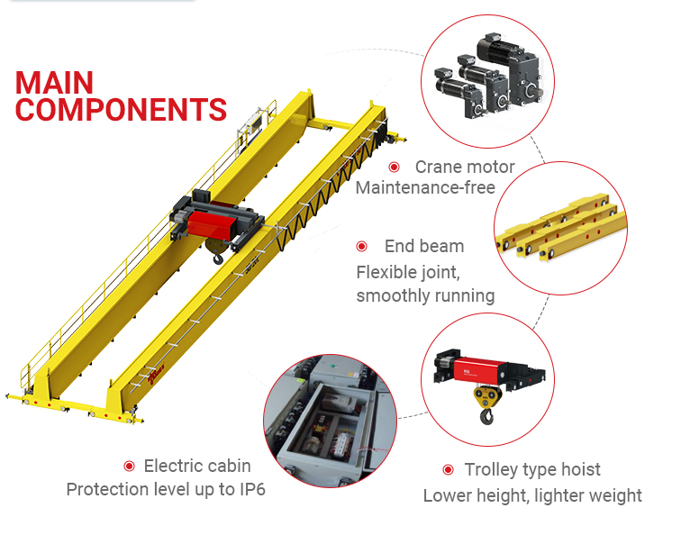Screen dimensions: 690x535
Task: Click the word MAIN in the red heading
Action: pyautogui.click(x=54, y=83)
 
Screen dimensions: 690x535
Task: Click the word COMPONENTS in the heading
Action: pyautogui.click(x=121, y=110)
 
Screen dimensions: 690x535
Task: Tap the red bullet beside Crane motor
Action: pyautogui.click(x=394, y=167)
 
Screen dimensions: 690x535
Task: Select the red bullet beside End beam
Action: pyautogui.click(x=362, y=246)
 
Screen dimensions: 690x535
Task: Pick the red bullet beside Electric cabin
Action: pyautogui.click(x=130, y=466)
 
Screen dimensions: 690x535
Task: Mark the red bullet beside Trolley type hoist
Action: pyautogui.click(x=448, y=469)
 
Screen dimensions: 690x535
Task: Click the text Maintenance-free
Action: pyautogui.click(x=425, y=188)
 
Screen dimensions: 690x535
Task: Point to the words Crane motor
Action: pyautogui.click(x=465, y=167)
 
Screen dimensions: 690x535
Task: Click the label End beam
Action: pyautogui.click(x=424, y=246)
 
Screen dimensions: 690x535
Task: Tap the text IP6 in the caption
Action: pyautogui.click(x=252, y=489)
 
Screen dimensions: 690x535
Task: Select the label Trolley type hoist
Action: pyautogui.click(x=532, y=470)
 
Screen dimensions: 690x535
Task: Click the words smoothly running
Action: pyautogui.click(x=425, y=295)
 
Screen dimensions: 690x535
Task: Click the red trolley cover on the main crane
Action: pyautogui.click(x=210, y=224)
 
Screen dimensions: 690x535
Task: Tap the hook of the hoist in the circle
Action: pyautogui.click(x=486, y=416)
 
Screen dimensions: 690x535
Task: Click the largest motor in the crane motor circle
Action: pyautogui.click(x=511, y=70)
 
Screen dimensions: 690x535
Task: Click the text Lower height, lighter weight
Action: pyautogui.click(x=532, y=496)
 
